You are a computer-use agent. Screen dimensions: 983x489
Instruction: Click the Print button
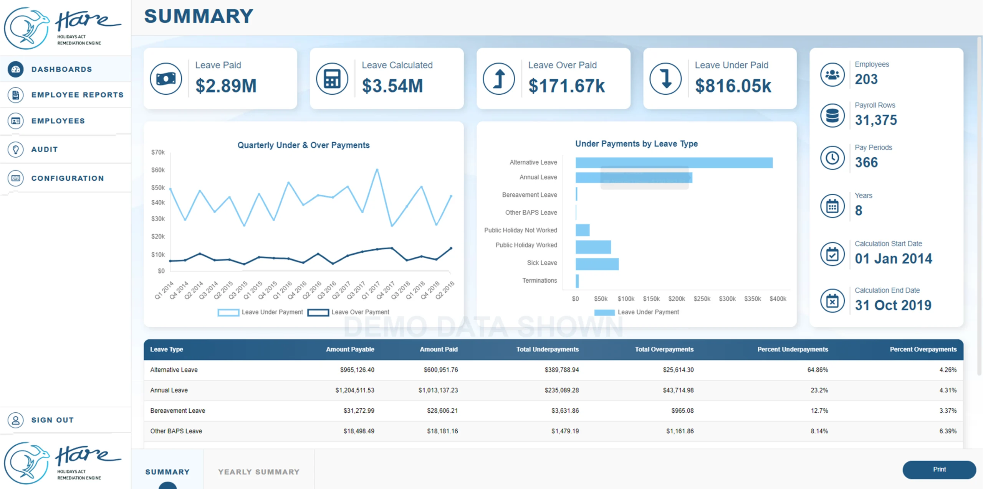click(x=939, y=469)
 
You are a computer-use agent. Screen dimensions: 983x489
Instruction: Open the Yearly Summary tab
click(x=259, y=472)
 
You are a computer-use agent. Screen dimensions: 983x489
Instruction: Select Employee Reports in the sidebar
click(x=77, y=95)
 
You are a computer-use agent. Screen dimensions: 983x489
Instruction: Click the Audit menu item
click(x=45, y=149)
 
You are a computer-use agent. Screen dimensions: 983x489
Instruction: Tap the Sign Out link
click(x=53, y=420)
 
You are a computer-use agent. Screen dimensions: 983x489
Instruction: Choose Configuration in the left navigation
click(x=68, y=178)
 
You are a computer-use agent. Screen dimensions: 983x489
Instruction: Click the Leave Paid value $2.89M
click(x=226, y=86)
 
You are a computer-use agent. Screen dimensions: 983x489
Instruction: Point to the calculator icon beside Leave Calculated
click(x=332, y=79)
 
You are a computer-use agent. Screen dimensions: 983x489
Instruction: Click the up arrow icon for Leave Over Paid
click(x=499, y=79)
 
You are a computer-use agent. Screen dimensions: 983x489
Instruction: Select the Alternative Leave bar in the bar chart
click(x=674, y=163)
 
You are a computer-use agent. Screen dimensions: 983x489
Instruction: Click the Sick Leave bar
click(x=597, y=264)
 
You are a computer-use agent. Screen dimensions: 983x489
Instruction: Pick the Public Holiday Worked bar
click(x=593, y=247)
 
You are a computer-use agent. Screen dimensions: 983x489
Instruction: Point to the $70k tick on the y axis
click(x=158, y=152)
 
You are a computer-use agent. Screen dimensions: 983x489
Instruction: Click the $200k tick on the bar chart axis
click(x=677, y=299)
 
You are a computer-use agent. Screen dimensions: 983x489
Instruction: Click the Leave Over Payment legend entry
click(x=349, y=312)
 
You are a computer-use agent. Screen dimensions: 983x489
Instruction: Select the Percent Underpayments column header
click(x=793, y=349)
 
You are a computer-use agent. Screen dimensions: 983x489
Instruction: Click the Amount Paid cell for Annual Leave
click(x=438, y=390)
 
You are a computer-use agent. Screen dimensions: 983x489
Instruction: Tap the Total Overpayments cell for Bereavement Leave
click(x=682, y=411)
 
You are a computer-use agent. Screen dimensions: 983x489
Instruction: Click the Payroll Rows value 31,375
click(x=876, y=120)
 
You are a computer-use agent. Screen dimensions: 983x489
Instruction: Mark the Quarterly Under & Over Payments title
click(x=303, y=145)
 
